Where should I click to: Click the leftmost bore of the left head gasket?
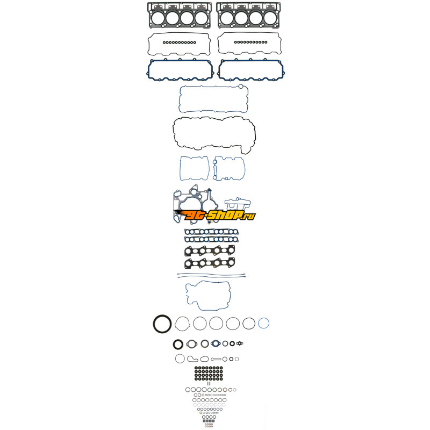click(158, 18)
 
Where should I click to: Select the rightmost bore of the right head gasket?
click(270, 18)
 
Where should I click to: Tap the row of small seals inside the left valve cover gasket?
click(180, 42)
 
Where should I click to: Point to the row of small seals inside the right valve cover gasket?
click(250, 42)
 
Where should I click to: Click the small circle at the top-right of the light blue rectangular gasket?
click(241, 87)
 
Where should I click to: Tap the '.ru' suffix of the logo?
click(249, 217)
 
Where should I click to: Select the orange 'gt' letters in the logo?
click(195, 215)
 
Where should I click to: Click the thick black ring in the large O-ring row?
click(162, 324)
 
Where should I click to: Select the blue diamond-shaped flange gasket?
click(216, 343)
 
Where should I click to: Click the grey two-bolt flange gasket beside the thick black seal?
click(192, 343)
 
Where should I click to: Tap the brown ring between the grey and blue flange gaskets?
click(205, 343)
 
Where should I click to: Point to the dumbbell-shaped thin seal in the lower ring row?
click(216, 359)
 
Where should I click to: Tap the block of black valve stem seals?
click(209, 373)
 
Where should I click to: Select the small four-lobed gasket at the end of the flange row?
click(240, 343)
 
